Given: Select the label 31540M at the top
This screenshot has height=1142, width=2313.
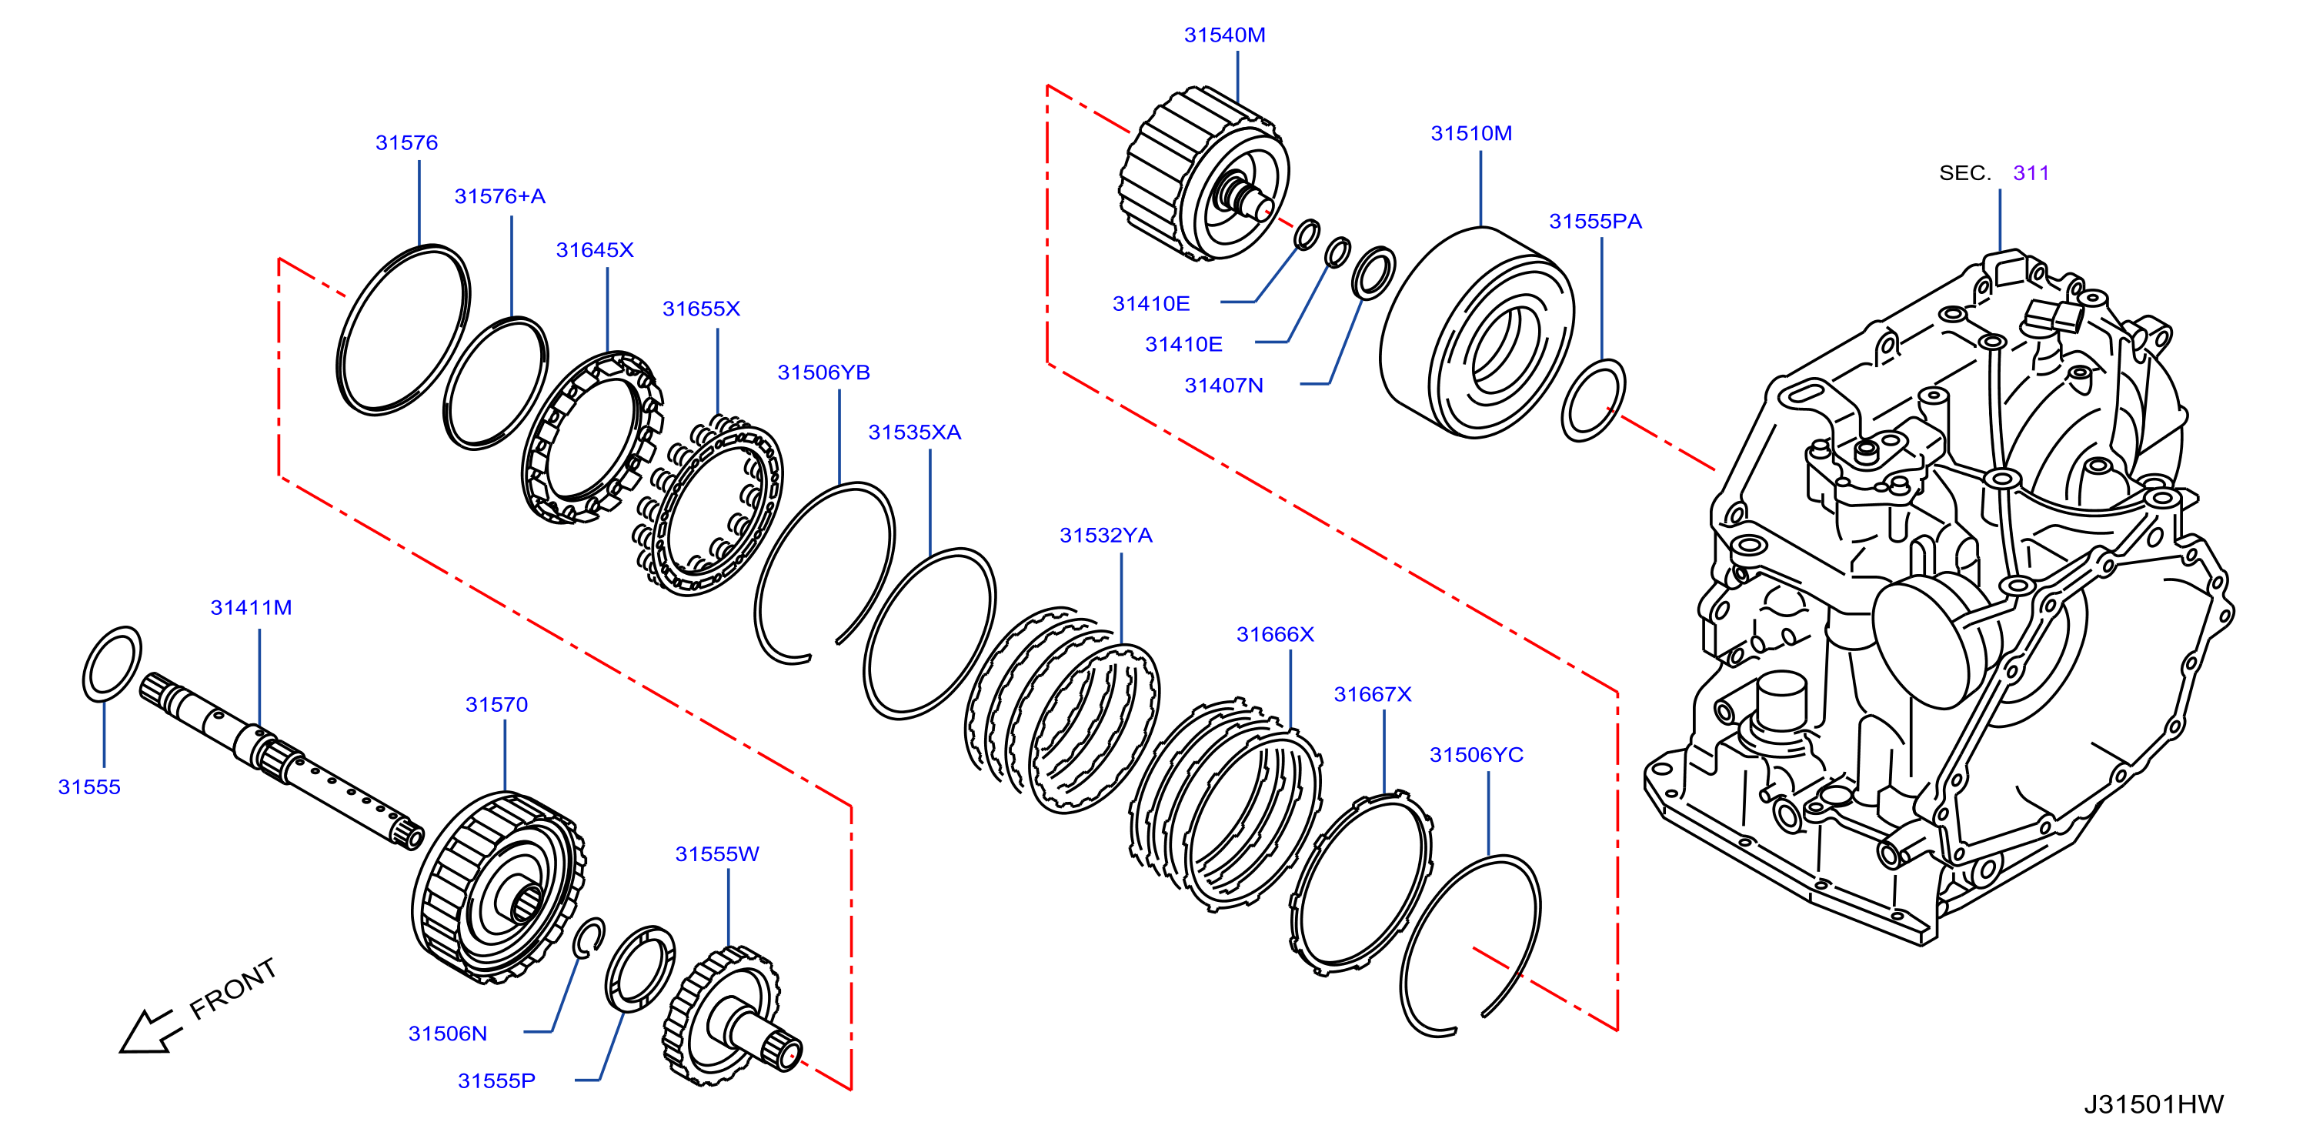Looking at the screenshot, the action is pos(1224,35).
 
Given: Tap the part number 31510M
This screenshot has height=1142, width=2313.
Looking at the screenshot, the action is pos(1470,133).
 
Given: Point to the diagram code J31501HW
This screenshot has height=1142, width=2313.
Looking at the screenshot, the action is pos(2153,1104).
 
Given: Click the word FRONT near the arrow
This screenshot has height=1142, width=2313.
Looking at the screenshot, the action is pos(232,987).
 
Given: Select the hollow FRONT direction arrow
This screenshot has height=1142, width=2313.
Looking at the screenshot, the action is pos(150,1030).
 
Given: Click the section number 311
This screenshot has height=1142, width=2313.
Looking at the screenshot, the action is pos(2031,172).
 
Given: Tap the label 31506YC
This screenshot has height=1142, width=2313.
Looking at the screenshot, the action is pos(1476,755).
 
